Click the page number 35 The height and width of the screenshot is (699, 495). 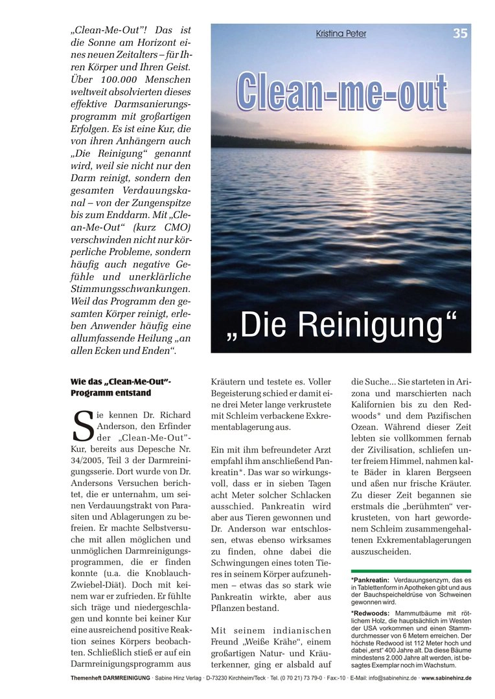[x=460, y=34]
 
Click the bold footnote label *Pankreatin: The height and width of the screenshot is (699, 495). [x=369, y=580]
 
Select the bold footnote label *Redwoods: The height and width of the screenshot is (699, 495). [x=369, y=613]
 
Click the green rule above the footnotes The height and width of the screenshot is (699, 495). [x=411, y=571]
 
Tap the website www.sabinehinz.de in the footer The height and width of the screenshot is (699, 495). [x=446, y=678]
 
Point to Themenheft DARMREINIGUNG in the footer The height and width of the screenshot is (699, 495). [x=109, y=678]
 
